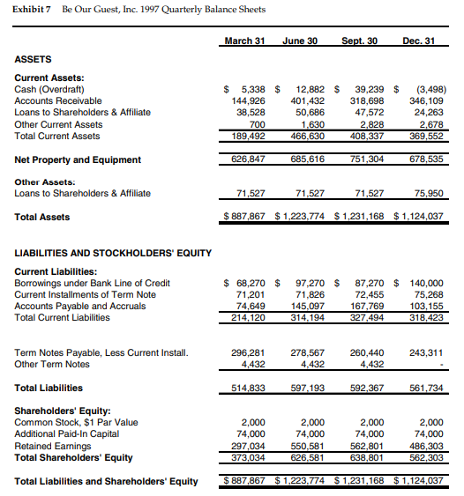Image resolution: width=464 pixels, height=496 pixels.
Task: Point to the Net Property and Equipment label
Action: pos(78,159)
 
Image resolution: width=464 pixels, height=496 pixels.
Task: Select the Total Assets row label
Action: pos(42,217)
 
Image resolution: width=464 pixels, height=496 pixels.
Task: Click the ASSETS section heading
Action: pos(34,59)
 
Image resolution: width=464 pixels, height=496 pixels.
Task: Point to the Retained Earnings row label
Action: pos(52,445)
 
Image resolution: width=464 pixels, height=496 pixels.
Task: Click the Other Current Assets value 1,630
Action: pos(305,124)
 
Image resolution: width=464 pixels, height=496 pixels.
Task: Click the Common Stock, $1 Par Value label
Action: pos(77,422)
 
